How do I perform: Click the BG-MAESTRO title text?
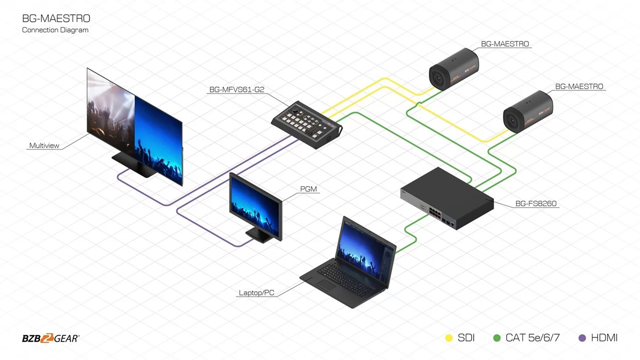click(x=56, y=18)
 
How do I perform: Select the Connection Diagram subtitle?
click(x=55, y=30)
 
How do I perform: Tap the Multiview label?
click(x=44, y=145)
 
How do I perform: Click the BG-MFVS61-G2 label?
click(x=237, y=90)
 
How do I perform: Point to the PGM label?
click(x=308, y=189)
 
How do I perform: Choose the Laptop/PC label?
click(x=256, y=293)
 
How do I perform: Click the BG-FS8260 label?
click(x=536, y=203)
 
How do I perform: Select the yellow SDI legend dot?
click(x=449, y=338)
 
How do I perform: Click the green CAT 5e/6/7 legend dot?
click(x=497, y=338)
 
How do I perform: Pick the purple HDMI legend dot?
click(x=582, y=338)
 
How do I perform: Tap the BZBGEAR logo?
click(x=51, y=338)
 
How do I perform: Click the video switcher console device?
click(x=306, y=125)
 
